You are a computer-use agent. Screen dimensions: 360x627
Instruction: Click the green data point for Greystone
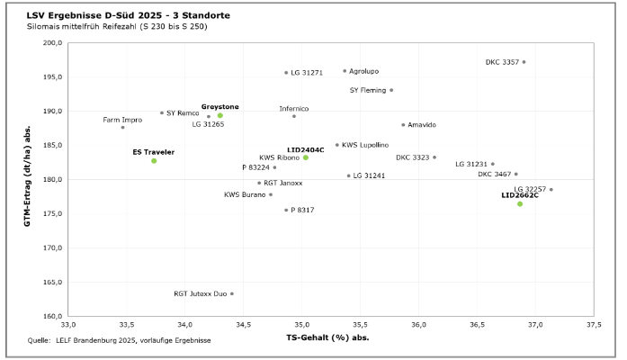[x=219, y=115]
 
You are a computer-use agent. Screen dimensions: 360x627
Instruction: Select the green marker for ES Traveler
[x=154, y=160]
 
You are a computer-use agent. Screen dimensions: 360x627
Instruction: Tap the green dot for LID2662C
[x=520, y=203]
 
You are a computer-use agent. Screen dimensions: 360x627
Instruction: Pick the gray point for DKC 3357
[x=524, y=62]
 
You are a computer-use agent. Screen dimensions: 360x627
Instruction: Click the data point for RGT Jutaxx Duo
[x=232, y=293]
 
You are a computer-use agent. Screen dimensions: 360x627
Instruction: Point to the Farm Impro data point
[x=123, y=128]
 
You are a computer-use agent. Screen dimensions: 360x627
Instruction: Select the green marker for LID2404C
[x=306, y=157]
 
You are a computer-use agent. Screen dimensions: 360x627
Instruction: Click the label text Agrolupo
[x=364, y=70]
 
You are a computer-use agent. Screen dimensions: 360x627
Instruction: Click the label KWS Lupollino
[x=365, y=145]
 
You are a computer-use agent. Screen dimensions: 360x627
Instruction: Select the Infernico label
[x=293, y=109]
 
